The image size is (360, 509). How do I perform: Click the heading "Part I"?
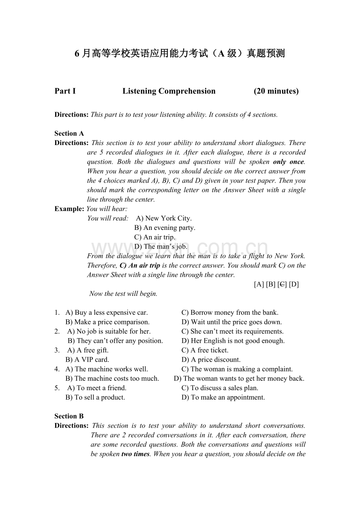click(x=65, y=91)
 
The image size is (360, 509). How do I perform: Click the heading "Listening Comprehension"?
click(x=169, y=91)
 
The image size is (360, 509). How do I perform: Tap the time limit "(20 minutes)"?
click(x=276, y=91)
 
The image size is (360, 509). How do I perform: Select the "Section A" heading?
click(x=69, y=133)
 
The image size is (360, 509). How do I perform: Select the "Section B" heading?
click(x=69, y=416)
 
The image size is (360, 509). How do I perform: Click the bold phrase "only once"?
click(x=288, y=161)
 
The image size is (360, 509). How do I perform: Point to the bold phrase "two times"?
click(x=135, y=454)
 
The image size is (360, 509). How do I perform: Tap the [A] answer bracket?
click(x=259, y=284)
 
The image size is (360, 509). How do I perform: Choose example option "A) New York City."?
click(x=164, y=218)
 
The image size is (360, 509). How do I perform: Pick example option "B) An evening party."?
click(x=165, y=228)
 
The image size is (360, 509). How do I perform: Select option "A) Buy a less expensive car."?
click(x=106, y=312)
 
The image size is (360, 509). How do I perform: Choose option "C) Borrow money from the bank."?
click(x=230, y=312)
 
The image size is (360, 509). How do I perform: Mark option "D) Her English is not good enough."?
click(x=233, y=341)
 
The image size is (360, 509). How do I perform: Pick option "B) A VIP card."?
click(x=87, y=359)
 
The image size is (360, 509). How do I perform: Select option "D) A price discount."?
click(x=211, y=359)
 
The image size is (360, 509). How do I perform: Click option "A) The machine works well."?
click(x=106, y=369)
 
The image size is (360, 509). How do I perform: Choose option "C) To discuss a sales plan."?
click(x=220, y=388)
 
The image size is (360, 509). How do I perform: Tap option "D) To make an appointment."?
click(x=223, y=397)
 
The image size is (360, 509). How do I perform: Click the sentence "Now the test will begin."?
click(x=123, y=294)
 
